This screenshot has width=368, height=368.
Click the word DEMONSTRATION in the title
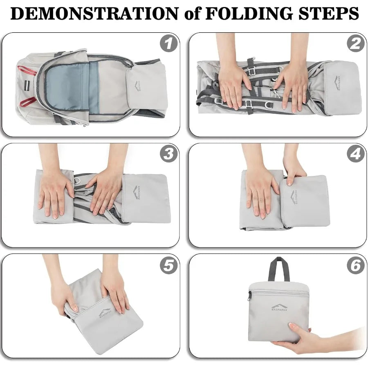click(94, 13)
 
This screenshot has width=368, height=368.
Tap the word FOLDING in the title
click(249, 13)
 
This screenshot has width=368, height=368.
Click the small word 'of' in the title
click(192, 13)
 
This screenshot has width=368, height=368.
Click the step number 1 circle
click(168, 44)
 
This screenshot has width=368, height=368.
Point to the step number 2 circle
click(356, 44)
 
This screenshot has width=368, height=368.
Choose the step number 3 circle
click(168, 154)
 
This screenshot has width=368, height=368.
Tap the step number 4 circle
click(356, 154)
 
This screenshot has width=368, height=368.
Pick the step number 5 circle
click(168, 265)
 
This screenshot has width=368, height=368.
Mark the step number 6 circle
click(356, 265)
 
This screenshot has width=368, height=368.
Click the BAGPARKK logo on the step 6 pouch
click(279, 307)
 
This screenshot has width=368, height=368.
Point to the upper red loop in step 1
click(27, 70)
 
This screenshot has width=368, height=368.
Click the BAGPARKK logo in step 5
click(105, 313)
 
